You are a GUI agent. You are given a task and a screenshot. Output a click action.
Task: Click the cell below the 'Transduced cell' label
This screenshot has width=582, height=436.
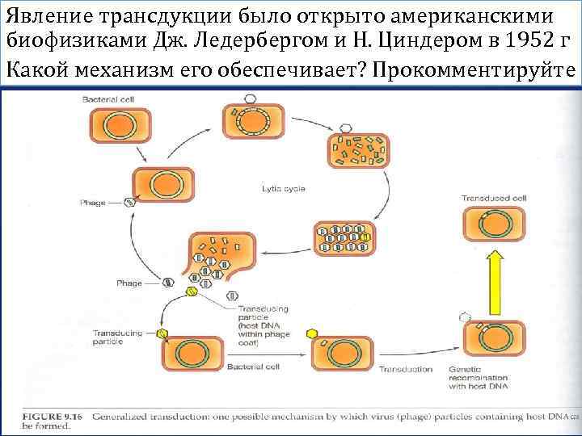click(x=492, y=226)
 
